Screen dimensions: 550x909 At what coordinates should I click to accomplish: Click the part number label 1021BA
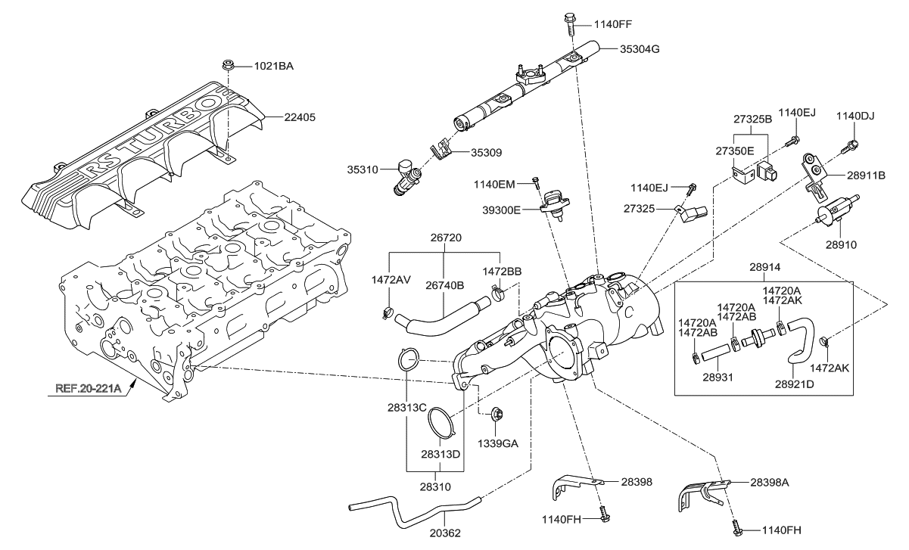point(272,66)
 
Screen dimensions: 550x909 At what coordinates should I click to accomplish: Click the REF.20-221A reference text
point(89,390)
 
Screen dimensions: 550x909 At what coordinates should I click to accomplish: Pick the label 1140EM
point(494,183)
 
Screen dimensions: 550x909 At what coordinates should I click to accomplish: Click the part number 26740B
point(444,285)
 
